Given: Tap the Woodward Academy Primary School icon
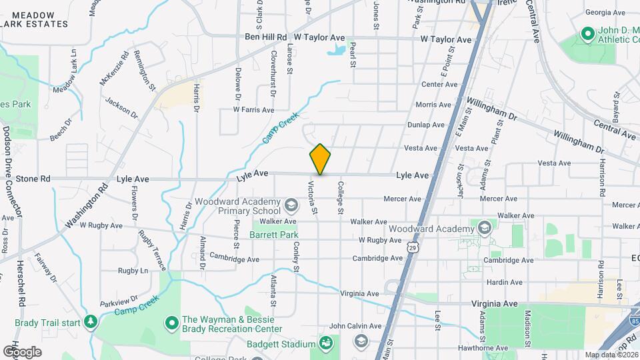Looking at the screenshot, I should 290,203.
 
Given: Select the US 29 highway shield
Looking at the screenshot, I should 413,248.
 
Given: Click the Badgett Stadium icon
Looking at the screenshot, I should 326,344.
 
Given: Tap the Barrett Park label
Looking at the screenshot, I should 273,235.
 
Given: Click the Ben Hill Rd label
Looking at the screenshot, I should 265,37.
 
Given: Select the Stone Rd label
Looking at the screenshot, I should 33,179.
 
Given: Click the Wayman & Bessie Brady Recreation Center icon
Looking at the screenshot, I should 171,323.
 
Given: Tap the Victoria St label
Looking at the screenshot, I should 312,197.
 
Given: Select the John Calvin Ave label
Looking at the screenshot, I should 355,326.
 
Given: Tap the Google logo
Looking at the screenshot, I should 21,351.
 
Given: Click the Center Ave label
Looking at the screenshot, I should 439,85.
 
